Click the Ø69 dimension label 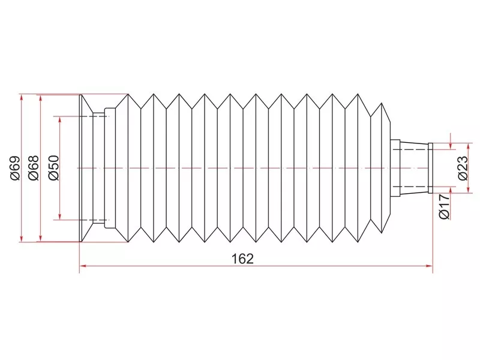click(x=15, y=168)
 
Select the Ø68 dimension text click(x=34, y=168)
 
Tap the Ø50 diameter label click(x=53, y=168)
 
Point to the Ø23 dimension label click(x=463, y=168)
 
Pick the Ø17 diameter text click(x=445, y=206)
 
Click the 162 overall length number click(x=242, y=259)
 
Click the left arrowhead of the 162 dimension click(x=83, y=266)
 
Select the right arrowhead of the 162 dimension click(x=429, y=266)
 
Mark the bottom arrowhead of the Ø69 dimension click(x=21, y=238)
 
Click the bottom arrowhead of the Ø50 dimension click(x=60, y=216)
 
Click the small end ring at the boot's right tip click(x=430, y=168)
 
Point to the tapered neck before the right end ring click(x=414, y=168)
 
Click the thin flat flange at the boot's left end click(x=81, y=168)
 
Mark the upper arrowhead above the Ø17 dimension click(x=451, y=145)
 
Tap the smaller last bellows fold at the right click(x=380, y=168)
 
